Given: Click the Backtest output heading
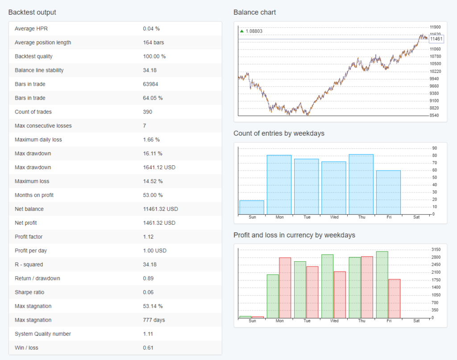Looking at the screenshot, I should [x=32, y=13].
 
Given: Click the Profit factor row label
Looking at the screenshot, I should [x=29, y=237].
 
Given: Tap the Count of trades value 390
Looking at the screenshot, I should [x=147, y=112].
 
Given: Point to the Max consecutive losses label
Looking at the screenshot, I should [x=43, y=126].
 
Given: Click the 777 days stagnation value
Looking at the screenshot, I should [x=153, y=320].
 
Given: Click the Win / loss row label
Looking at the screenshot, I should [x=27, y=348].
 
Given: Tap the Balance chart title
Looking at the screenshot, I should [x=254, y=13].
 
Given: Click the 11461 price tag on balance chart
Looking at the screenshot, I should [x=436, y=39].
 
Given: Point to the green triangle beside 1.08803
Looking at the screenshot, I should [x=242, y=31].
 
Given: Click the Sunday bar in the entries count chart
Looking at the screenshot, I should [x=252, y=207].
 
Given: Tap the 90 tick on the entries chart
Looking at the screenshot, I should [x=434, y=148].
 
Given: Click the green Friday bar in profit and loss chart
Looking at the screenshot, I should [x=382, y=285].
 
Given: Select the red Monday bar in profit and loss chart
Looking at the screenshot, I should [x=285, y=288].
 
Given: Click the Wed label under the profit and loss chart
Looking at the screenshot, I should [x=334, y=321].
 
